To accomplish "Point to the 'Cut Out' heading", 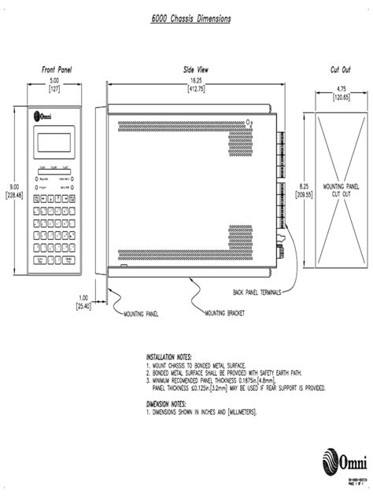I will click(x=341, y=70).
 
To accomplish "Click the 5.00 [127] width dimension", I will click(x=56, y=85).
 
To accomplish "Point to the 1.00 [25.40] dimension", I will click(x=83, y=301).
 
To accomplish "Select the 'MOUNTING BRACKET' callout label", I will click(x=225, y=313).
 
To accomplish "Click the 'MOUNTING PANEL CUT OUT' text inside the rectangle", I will click(x=341, y=190).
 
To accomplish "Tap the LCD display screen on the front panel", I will click(x=56, y=143).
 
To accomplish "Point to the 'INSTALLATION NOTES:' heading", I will click(x=168, y=356).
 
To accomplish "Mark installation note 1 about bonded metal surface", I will click(x=197, y=366).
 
